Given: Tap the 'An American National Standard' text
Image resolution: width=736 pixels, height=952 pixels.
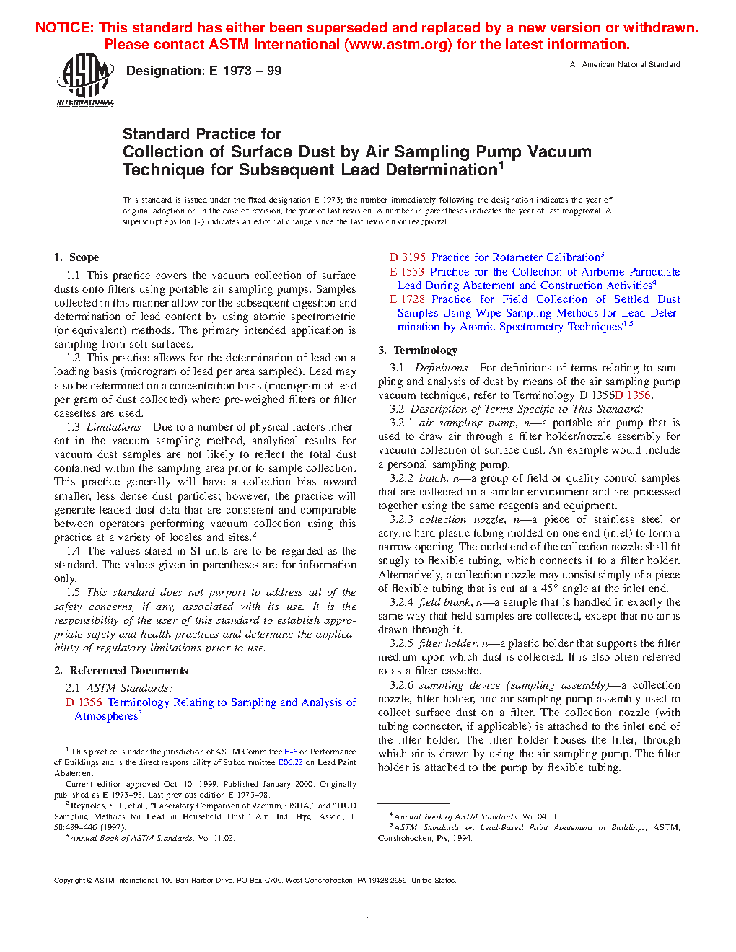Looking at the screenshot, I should pyautogui.click(x=625, y=65).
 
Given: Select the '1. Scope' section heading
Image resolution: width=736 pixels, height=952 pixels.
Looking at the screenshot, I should pyautogui.click(x=76, y=257).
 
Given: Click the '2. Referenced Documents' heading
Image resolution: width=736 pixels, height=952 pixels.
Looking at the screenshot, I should pyautogui.click(x=121, y=671).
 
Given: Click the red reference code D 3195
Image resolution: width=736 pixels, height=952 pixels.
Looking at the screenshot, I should pyautogui.click(x=408, y=257).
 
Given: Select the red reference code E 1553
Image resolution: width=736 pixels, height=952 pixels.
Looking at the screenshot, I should pyautogui.click(x=407, y=272).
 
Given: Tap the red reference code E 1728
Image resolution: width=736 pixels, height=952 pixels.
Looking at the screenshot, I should pyautogui.click(x=407, y=299).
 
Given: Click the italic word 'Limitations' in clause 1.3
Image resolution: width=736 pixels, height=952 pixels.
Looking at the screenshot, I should pyautogui.click(x=114, y=427).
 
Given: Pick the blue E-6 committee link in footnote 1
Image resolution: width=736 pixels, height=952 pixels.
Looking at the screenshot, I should pyautogui.click(x=291, y=752).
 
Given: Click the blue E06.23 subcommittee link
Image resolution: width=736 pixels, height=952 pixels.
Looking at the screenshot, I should pyautogui.click(x=290, y=762).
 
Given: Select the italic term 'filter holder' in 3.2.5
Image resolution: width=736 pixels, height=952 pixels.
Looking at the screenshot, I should pyautogui.click(x=447, y=643).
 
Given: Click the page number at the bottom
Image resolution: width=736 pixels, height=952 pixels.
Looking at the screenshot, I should pyautogui.click(x=367, y=914).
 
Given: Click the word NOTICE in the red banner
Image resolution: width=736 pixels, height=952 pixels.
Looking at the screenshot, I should pyautogui.click(x=65, y=28).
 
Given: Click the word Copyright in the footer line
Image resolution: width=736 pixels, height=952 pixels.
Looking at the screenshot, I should pyautogui.click(x=70, y=881).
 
